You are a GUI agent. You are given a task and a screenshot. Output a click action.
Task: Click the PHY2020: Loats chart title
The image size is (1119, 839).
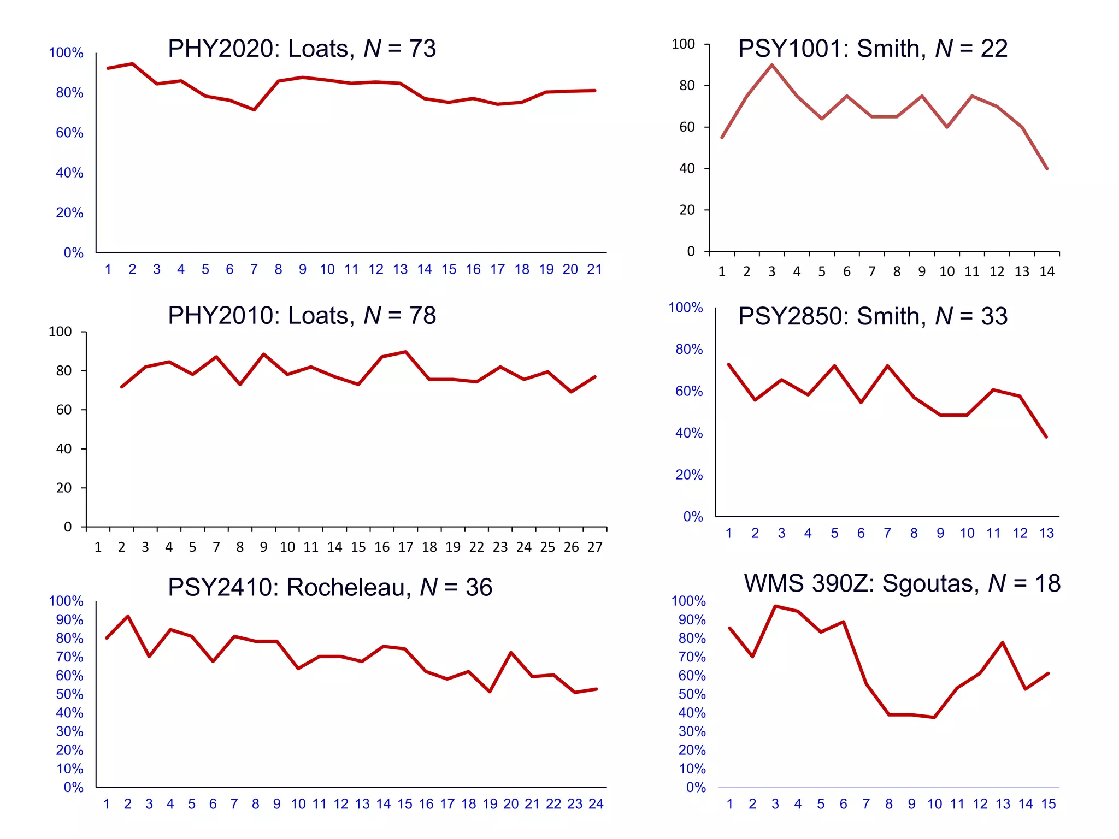pyautogui.click(x=302, y=49)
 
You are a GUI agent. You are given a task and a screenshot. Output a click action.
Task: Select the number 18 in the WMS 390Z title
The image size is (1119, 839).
pyautogui.click(x=1047, y=584)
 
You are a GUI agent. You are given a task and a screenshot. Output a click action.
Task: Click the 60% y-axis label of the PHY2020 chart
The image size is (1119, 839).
pyautogui.click(x=69, y=133)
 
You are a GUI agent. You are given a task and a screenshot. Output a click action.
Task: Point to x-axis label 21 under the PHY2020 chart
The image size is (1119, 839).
pyautogui.click(x=594, y=269)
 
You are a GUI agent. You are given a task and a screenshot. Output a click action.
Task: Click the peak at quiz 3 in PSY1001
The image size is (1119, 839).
pyautogui.click(x=771, y=65)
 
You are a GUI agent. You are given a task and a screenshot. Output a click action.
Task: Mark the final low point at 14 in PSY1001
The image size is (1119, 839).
pyautogui.click(x=1047, y=168)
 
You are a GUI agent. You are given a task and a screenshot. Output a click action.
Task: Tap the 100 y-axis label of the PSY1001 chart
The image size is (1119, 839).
pyautogui.click(x=683, y=44)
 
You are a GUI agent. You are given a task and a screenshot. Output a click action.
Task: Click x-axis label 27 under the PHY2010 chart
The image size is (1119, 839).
pyautogui.click(x=594, y=547)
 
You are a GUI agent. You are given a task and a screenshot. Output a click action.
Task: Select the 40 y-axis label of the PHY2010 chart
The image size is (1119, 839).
pyautogui.click(x=64, y=449)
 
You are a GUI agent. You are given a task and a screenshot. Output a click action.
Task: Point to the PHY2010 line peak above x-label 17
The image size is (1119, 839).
pyautogui.click(x=405, y=352)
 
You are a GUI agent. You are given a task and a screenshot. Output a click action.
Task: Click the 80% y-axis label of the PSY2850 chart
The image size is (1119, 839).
pyautogui.click(x=688, y=350)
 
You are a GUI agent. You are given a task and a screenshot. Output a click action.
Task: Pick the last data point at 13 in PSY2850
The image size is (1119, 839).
pyautogui.click(x=1046, y=437)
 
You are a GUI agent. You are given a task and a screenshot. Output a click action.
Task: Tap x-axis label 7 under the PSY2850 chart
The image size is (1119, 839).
pyautogui.click(x=887, y=534)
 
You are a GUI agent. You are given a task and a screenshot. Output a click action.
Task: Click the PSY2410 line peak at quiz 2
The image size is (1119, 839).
pyautogui.click(x=128, y=616)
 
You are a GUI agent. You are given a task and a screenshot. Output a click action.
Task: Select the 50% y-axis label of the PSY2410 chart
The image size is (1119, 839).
pyautogui.click(x=69, y=694)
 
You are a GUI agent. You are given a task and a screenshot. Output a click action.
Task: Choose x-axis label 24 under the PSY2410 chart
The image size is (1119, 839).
pyautogui.click(x=596, y=804)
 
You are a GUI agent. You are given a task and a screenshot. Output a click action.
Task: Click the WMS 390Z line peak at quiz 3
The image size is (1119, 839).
pyautogui.click(x=775, y=606)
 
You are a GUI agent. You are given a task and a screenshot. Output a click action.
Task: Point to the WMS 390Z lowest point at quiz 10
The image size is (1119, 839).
pyautogui.click(x=934, y=717)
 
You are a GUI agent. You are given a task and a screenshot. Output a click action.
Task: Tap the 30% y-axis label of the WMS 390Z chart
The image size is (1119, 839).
pyautogui.click(x=692, y=731)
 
